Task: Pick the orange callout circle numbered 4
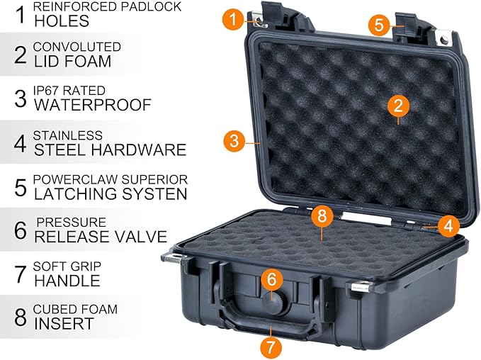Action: click(x=446, y=227)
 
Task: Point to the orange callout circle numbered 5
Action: click(x=379, y=25)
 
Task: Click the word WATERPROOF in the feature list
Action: click(x=93, y=106)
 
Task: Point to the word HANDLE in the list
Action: click(x=67, y=281)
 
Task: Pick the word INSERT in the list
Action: click(x=64, y=324)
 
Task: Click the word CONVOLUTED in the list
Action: click(x=77, y=47)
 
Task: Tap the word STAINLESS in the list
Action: click(x=67, y=135)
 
